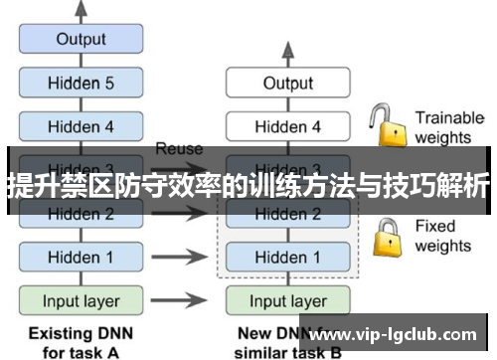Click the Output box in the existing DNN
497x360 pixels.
pos(81,40)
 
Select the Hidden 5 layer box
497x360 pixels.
pos(81,84)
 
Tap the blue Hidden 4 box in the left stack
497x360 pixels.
pos(81,126)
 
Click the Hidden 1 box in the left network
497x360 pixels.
pos(81,257)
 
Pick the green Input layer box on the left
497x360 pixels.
pos(81,299)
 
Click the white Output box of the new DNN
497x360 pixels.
pos(287,84)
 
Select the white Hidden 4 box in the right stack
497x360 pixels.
pos(287,126)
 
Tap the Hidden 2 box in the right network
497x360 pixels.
pos(287,213)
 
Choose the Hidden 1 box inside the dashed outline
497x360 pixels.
pos(287,257)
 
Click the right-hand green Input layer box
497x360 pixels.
pos(287,299)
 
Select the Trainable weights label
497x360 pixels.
pos(448,126)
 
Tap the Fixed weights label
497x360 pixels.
pos(442,236)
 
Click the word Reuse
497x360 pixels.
pos(179,149)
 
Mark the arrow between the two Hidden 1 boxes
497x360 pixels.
pos(184,257)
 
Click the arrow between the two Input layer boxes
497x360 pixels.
pos(184,299)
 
